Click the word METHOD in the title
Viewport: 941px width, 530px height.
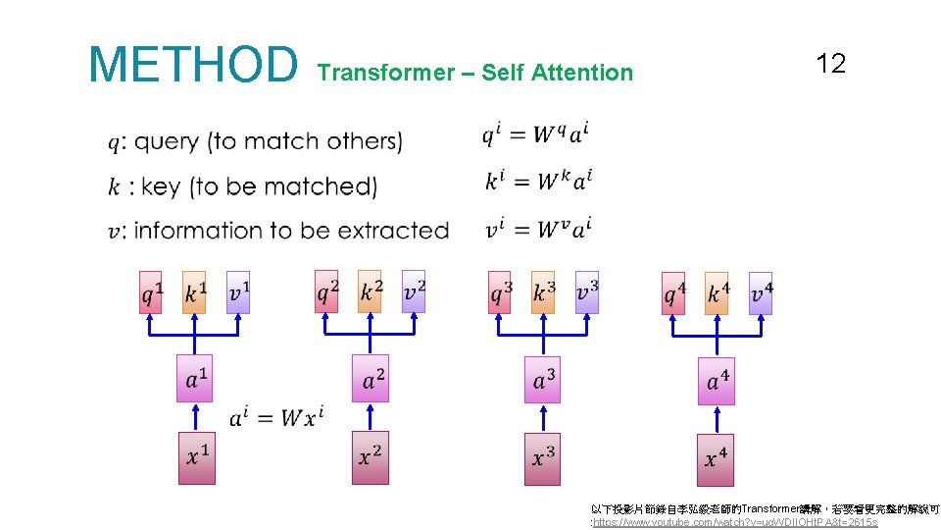point(192,65)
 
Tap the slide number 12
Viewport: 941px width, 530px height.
point(830,65)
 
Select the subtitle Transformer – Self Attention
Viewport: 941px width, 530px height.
point(475,73)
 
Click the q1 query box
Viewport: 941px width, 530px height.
point(151,291)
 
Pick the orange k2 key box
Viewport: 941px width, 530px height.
point(370,291)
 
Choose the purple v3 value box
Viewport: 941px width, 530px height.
point(587,291)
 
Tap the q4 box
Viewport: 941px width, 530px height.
point(673,292)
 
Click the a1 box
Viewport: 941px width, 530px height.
point(195,379)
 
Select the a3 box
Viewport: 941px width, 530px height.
point(543,380)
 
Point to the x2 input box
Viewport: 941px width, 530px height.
point(370,457)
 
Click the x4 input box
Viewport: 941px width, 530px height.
point(716,458)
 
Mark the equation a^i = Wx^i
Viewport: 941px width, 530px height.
point(275,417)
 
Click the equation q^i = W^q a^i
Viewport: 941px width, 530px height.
point(535,134)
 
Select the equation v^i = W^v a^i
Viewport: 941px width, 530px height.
point(537,229)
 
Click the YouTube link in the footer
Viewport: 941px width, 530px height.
point(735,522)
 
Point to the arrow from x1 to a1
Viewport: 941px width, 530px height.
point(195,417)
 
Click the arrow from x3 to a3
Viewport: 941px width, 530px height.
point(543,418)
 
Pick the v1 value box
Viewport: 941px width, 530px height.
point(238,291)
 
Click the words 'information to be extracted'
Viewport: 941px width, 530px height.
point(290,231)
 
